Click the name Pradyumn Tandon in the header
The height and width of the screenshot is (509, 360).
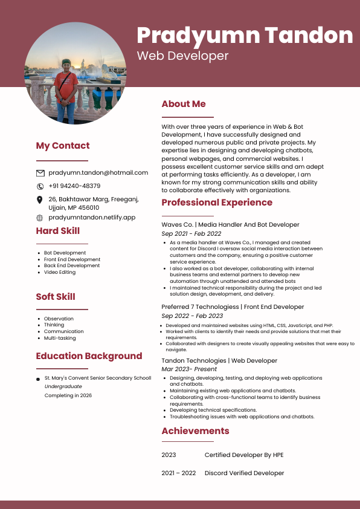[245, 35]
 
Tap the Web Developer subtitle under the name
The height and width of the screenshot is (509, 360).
[182, 56]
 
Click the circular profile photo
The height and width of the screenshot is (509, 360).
[76, 73]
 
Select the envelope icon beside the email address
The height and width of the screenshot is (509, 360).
[40, 173]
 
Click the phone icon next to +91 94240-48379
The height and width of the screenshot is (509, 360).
[40, 186]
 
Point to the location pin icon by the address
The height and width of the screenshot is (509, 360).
[40, 199]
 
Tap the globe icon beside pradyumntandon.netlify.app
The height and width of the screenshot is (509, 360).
[40, 218]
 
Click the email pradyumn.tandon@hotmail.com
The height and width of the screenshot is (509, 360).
[98, 173]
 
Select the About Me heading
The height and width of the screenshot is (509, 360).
[184, 104]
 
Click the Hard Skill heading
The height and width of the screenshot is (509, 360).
[57, 231]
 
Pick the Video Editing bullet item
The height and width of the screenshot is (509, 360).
[60, 272]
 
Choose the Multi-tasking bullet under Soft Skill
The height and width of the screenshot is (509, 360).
[60, 338]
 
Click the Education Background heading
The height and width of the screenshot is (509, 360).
[89, 356]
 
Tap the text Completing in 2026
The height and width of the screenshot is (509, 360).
[68, 395]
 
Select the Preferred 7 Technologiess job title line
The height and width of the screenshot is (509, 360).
[233, 307]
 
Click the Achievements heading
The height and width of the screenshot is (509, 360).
[195, 431]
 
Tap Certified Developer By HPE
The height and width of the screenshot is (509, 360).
[244, 455]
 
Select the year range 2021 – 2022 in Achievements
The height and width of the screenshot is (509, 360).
[179, 473]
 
